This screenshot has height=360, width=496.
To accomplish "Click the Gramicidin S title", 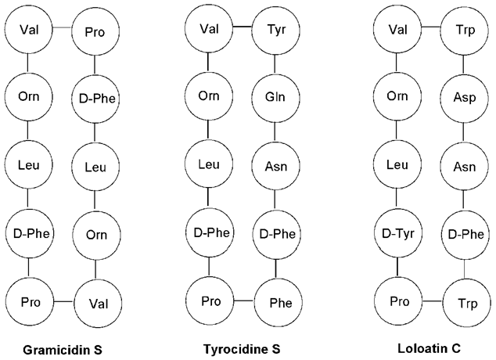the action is click(63, 350).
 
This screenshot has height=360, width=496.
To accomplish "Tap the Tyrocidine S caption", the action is click(242, 349).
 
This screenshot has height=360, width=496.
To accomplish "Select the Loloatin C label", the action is click(429, 348).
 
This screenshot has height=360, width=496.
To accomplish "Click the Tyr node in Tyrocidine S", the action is click(275, 30).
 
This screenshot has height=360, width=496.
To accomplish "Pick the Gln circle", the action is click(275, 97).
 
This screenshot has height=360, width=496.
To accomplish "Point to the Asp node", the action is click(464, 97).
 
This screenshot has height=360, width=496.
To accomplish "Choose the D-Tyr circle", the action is click(398, 234).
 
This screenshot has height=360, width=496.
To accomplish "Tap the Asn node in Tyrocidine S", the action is click(275, 166).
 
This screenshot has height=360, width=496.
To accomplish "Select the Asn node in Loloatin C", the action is click(464, 166).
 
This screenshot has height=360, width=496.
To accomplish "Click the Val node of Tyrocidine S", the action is click(209, 29).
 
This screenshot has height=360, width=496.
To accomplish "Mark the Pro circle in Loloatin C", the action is click(398, 301).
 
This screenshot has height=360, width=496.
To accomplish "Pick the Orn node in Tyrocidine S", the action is click(209, 96).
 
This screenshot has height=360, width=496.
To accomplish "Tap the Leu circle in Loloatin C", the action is click(397, 165).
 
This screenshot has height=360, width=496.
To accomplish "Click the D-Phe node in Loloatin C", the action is click(465, 235).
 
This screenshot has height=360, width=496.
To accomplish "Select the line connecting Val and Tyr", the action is click(243, 27).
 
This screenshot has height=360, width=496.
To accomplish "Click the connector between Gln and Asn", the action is click(275, 131).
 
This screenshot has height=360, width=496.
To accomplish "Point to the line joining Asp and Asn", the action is click(464, 131).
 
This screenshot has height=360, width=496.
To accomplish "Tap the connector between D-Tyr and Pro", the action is click(397, 268).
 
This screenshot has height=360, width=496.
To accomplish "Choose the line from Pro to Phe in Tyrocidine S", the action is click(243, 301).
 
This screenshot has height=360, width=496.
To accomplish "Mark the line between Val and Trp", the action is click(431, 27).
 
